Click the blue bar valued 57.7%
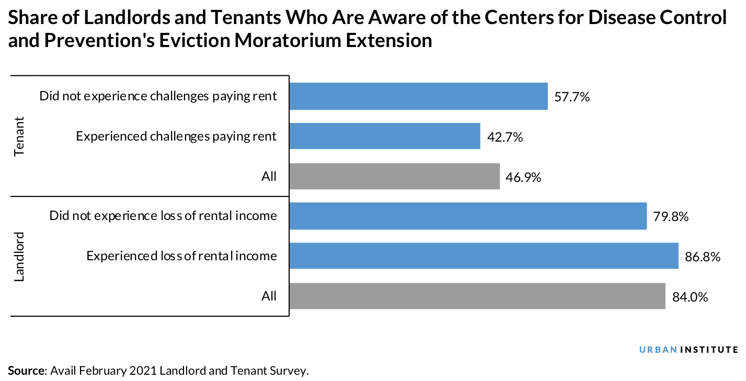point(418,96)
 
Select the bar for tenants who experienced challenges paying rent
point(384,136)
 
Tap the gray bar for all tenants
point(394,177)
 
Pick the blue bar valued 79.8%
point(468,216)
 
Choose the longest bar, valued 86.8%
point(484,256)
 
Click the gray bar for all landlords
point(477,296)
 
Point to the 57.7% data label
point(572,97)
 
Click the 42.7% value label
point(505,137)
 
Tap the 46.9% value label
point(523,177)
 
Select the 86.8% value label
point(703,257)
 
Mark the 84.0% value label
point(690,297)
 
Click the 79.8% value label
point(671,217)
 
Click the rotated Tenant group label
point(20,136)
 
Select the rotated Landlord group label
point(20,256)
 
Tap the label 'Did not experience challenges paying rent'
point(158,97)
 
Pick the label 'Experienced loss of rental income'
point(181,256)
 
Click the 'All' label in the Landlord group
point(269,296)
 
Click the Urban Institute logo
point(688,350)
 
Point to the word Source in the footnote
point(27,371)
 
